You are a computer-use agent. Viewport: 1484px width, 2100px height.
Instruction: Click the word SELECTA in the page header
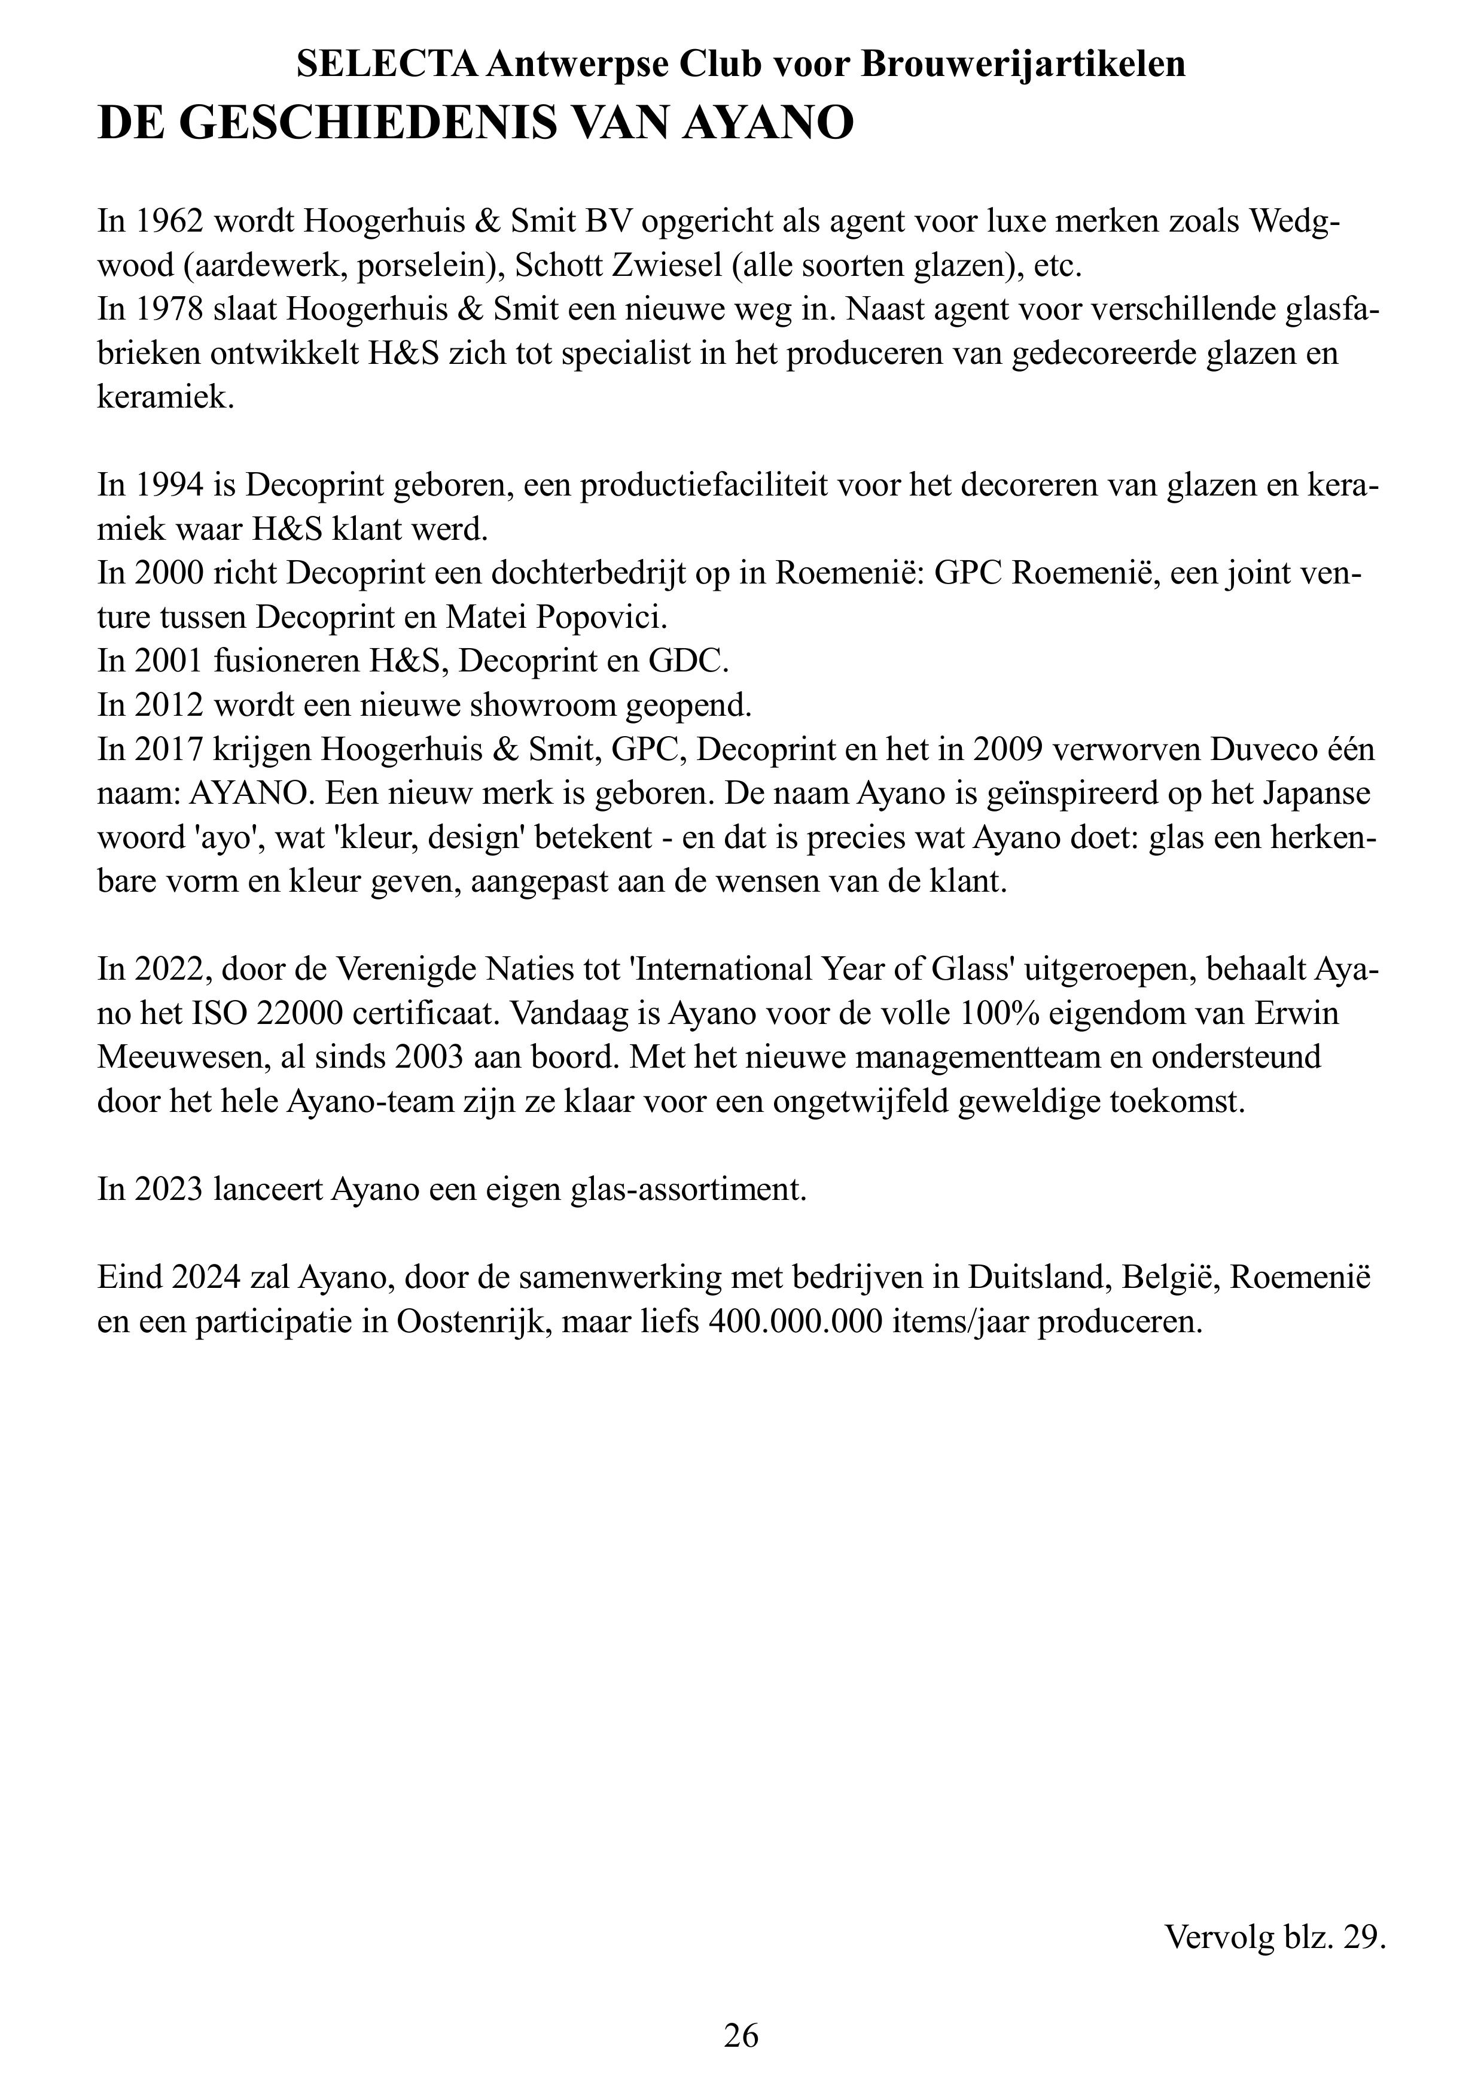387,64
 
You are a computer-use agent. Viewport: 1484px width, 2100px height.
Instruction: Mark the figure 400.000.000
805,1321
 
